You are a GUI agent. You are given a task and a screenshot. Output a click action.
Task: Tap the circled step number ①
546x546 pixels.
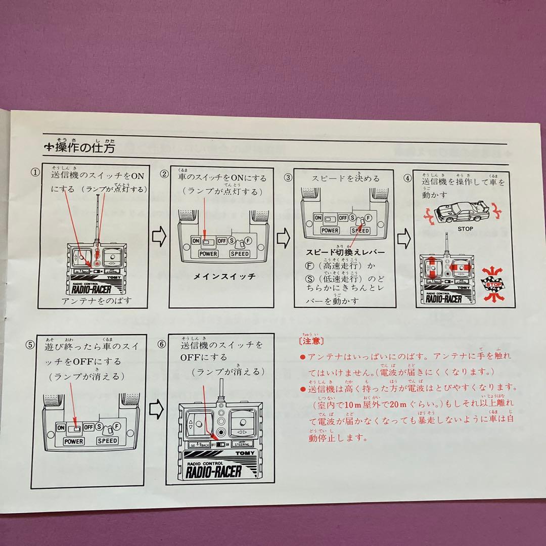(35, 172)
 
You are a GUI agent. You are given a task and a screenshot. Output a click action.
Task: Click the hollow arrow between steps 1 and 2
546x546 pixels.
(159, 238)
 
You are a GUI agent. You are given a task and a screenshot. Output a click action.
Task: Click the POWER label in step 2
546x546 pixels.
(208, 253)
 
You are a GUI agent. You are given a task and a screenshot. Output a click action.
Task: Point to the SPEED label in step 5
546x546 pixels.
(108, 441)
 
